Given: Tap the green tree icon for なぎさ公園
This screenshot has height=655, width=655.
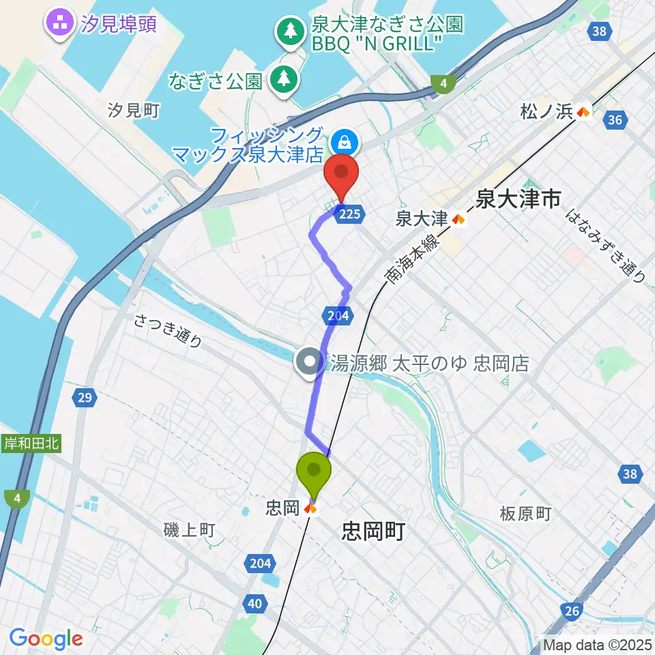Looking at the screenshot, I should [x=281, y=80].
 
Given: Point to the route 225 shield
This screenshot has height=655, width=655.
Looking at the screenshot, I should [x=349, y=213].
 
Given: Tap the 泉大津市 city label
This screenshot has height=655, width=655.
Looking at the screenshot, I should [x=519, y=199].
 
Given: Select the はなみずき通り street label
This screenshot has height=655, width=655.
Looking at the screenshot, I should [x=607, y=245].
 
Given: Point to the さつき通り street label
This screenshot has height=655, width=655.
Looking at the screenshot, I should [x=168, y=331].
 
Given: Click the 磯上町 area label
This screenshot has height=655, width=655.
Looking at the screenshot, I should [x=190, y=529].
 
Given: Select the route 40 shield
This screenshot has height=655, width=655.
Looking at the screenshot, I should [x=255, y=602].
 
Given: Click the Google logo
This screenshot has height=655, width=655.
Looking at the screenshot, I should [x=46, y=639].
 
